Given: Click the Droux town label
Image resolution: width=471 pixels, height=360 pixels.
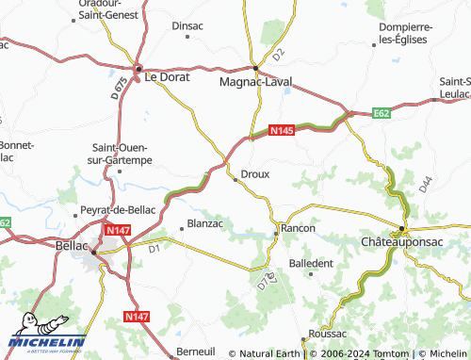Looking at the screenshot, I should coord(256,174).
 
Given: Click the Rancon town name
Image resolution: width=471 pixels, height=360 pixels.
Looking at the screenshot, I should coord(298,228).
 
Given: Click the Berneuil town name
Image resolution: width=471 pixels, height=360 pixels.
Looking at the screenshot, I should coord(195,351).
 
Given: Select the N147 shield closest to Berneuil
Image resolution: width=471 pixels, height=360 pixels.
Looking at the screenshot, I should coord(137,319).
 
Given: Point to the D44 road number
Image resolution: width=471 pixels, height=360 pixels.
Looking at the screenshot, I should coord(425,186).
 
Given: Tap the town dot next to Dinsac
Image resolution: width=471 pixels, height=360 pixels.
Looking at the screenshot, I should coord(189,38).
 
